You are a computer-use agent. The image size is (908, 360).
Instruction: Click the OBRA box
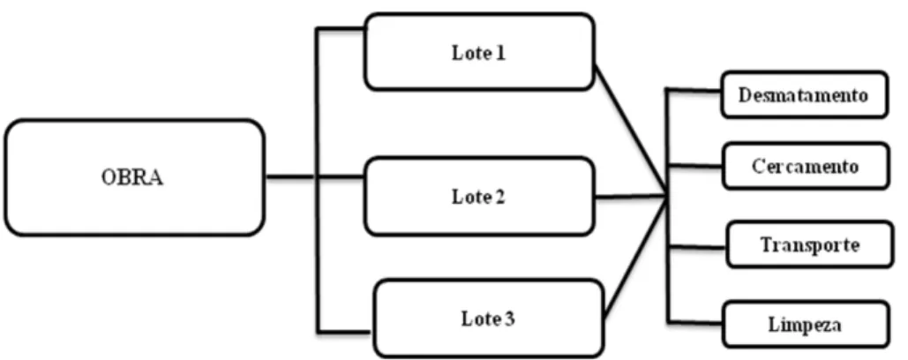pyautogui.click(x=134, y=177)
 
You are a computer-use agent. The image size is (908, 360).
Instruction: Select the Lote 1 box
pyautogui.click(x=479, y=53)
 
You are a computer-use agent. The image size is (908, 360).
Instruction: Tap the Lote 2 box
pyautogui.click(x=479, y=196)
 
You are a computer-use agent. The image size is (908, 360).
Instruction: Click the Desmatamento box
pyautogui.click(x=805, y=94)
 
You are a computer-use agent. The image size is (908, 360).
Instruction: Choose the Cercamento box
pyautogui.click(x=806, y=166)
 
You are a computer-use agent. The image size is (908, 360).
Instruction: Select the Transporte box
pyautogui.click(x=809, y=244)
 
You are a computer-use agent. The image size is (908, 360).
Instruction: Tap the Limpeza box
pyautogui.click(x=806, y=324)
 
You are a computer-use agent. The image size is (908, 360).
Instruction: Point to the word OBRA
pyautogui.click(x=132, y=177)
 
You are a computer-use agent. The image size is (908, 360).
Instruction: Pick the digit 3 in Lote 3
pyautogui.click(x=510, y=319)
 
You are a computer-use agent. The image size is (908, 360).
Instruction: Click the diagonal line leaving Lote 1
pyautogui.click(x=631, y=131)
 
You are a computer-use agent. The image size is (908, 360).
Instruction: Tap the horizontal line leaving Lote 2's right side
pyautogui.click(x=631, y=197)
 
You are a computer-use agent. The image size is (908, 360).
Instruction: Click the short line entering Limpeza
pyautogui.click(x=695, y=321)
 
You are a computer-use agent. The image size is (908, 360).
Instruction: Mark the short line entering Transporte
pyautogui.click(x=697, y=247)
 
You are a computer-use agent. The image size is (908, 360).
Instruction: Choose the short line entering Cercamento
pyautogui.click(x=695, y=166)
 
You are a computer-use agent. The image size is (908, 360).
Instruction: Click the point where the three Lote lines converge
pyautogui.click(x=667, y=197)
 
